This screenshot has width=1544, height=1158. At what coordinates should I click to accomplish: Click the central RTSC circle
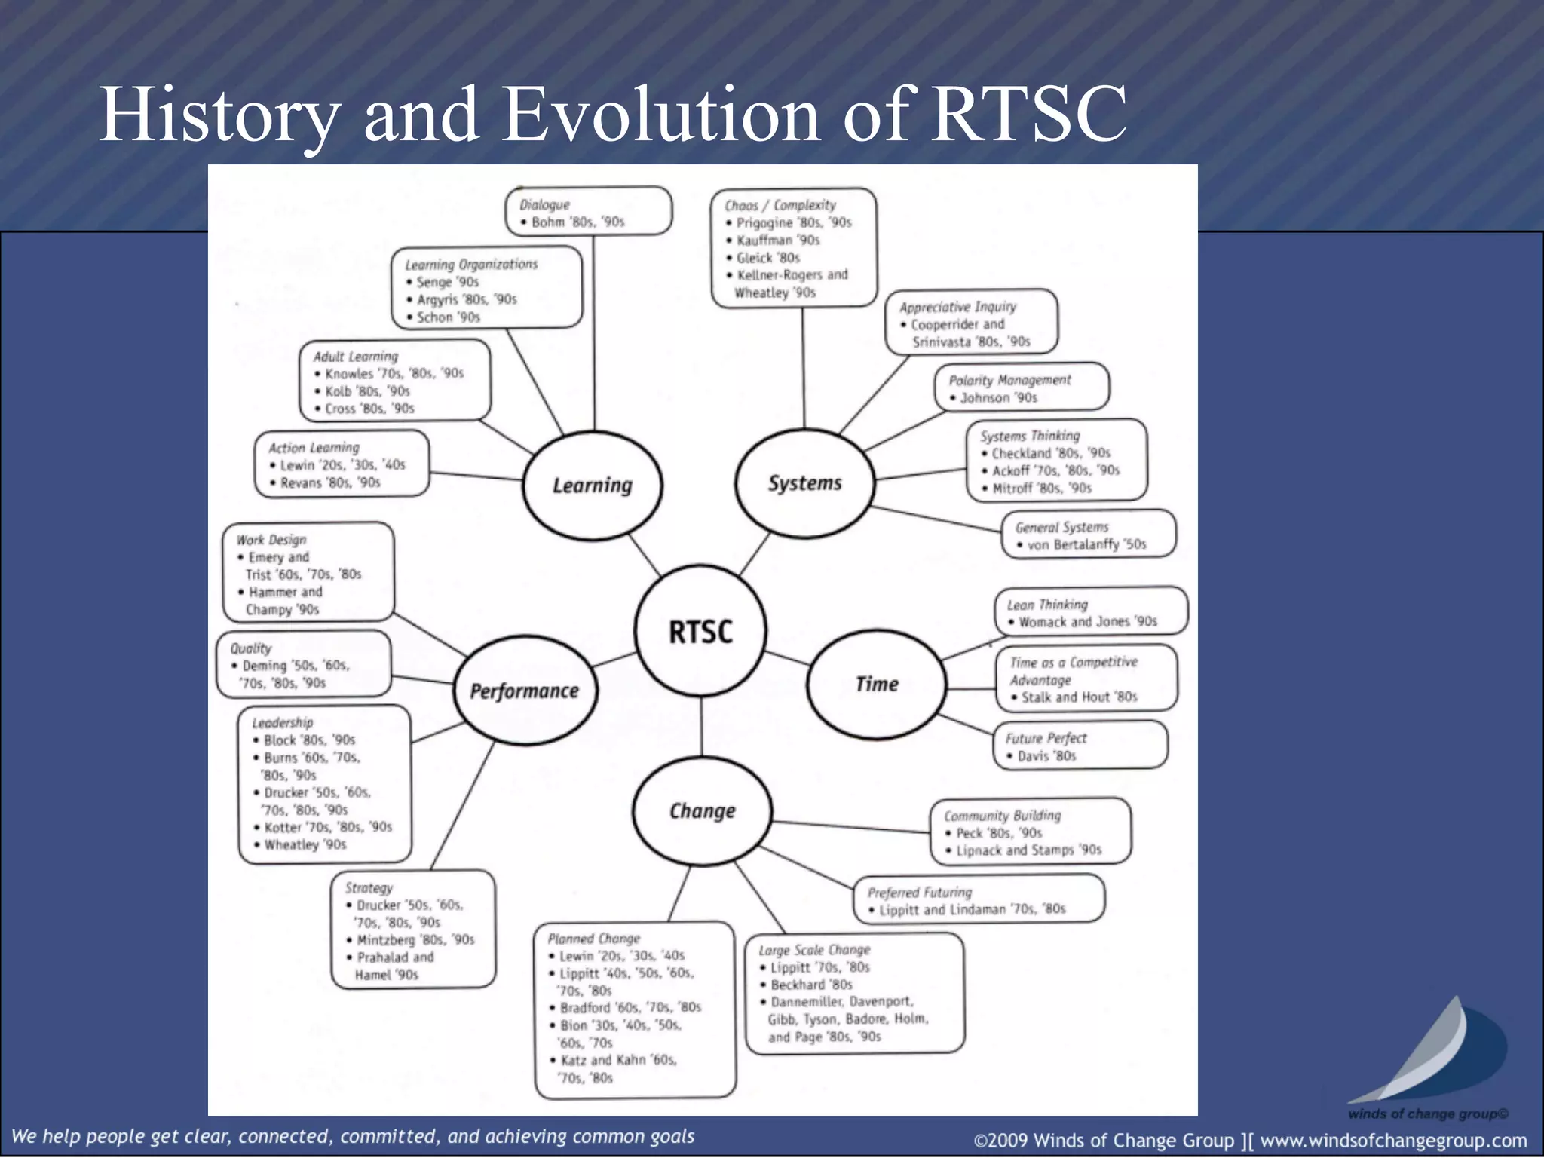tap(701, 631)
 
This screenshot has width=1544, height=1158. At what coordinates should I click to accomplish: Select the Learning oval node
tap(593, 486)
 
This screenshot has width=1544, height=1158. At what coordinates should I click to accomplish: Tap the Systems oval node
tap(804, 482)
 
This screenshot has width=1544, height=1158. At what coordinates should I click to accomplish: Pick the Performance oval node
tap(525, 691)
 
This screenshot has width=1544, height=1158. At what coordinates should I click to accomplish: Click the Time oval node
tap(876, 684)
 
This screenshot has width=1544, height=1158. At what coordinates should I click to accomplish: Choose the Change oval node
tap(702, 811)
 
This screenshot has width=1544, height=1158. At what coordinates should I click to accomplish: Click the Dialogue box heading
tap(544, 204)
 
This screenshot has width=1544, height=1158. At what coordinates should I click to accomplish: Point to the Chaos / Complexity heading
tap(780, 205)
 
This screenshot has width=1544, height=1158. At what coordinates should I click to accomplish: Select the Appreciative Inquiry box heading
tap(957, 307)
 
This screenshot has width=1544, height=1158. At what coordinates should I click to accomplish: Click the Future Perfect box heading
tap(1046, 738)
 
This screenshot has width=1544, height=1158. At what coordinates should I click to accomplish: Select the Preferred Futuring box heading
tap(920, 892)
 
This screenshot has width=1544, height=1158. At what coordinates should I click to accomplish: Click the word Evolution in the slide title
tap(660, 115)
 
